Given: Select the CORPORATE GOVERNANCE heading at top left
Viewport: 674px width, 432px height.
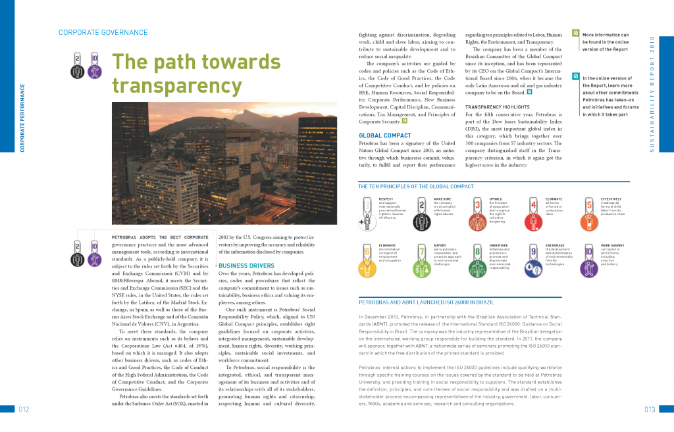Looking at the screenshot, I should click(x=103, y=32).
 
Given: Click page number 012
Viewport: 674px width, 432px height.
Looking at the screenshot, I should click(x=24, y=410).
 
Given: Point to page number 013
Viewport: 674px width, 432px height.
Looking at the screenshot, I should click(x=650, y=410).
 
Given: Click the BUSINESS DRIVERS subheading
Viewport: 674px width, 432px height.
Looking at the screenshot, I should click(x=242, y=266).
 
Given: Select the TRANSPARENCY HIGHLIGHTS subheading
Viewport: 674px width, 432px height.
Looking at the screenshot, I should click(x=498, y=107).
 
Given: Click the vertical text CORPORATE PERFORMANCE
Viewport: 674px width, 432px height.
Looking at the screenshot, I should click(x=22, y=118).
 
